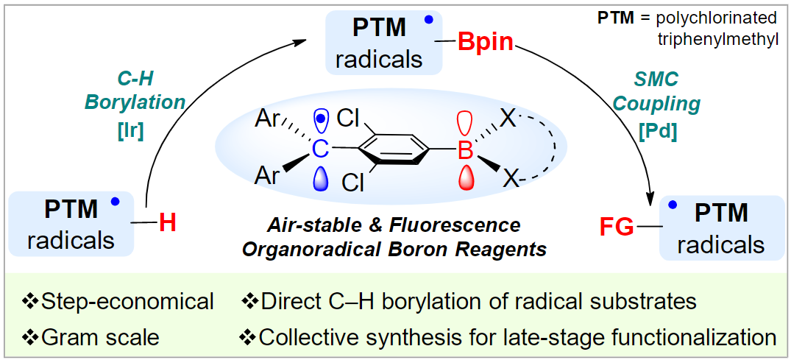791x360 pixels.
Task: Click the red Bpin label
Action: (x=485, y=42)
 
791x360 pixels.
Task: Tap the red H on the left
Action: (x=168, y=222)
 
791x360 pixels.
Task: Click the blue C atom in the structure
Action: (x=319, y=150)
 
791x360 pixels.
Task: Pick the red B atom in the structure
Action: (x=465, y=152)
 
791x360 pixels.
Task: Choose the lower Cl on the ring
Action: (x=352, y=183)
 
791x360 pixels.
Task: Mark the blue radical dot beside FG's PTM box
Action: (x=670, y=208)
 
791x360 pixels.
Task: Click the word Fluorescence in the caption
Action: (x=463, y=225)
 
